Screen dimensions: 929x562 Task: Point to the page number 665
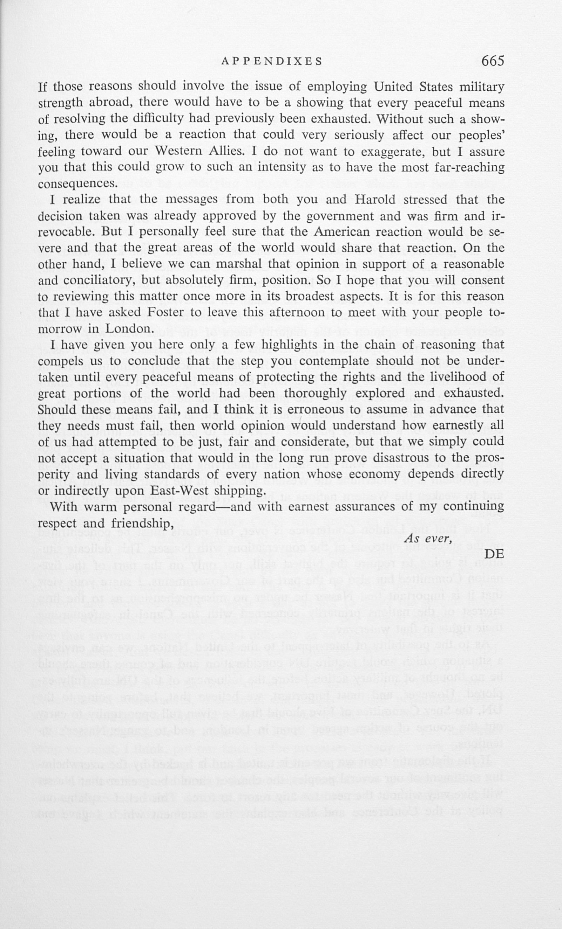click(493, 60)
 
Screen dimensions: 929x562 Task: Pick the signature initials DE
click(494, 554)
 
